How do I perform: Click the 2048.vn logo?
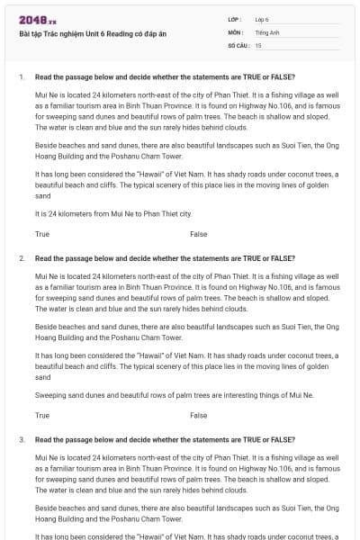38,19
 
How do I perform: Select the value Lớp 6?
262,19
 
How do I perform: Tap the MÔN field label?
235,31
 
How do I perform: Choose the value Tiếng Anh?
265,31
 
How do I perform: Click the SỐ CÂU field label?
238,44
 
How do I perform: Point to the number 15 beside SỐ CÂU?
258,44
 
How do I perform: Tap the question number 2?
21,258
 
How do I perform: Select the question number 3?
21,440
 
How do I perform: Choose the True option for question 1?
42,234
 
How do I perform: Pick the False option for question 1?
198,234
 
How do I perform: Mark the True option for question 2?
42,416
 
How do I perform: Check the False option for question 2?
198,416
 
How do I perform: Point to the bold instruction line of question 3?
165,440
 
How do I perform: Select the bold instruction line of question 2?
165,258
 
